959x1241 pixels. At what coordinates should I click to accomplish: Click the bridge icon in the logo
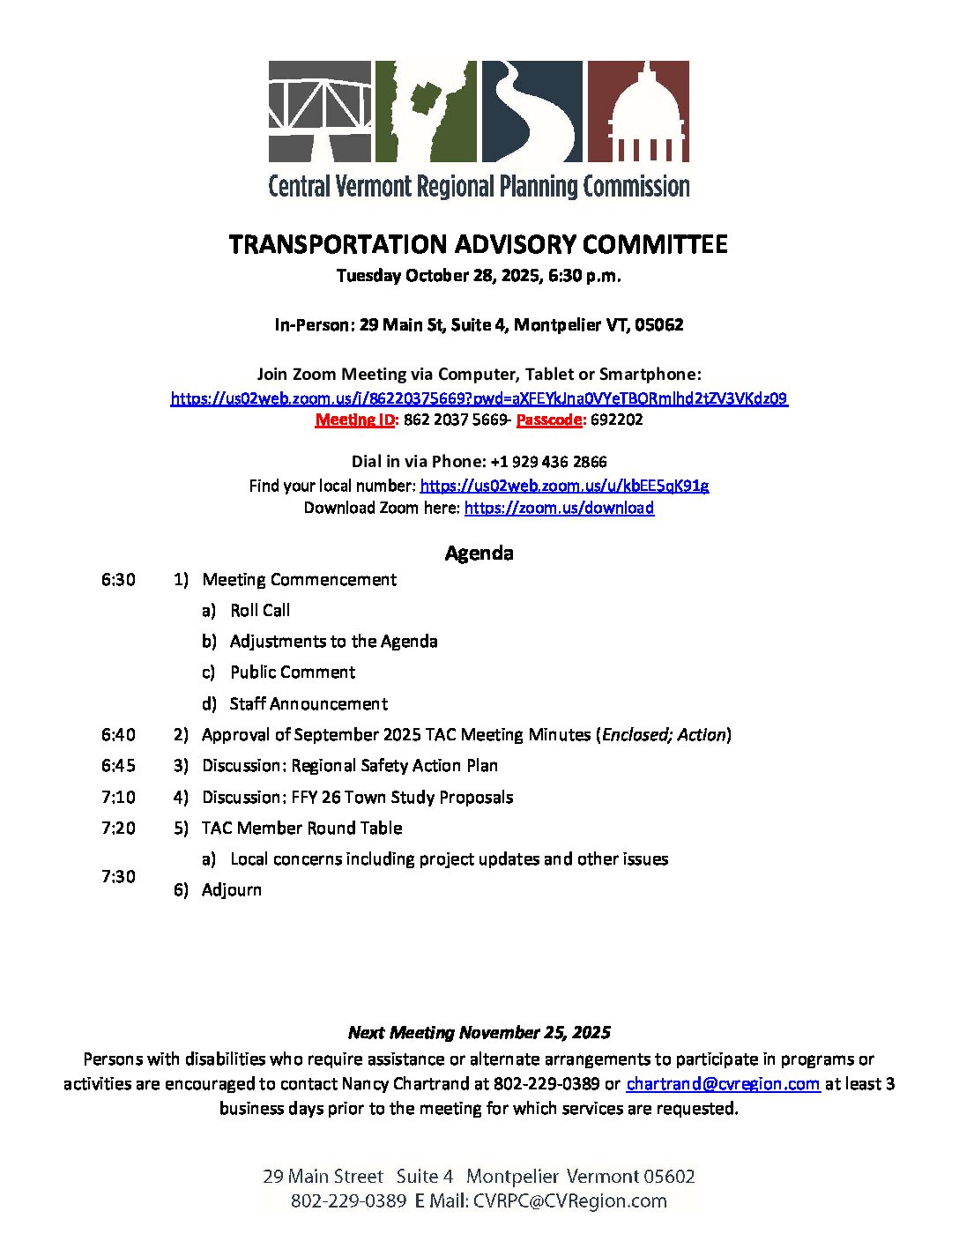click(x=319, y=111)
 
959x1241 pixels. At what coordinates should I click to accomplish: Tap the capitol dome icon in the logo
click(x=638, y=111)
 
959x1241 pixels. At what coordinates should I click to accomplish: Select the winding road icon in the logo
click(x=532, y=111)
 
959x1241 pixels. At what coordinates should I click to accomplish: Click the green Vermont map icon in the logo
click(x=426, y=111)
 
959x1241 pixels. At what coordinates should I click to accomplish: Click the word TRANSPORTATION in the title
click(x=338, y=244)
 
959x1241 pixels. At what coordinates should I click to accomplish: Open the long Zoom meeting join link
click(x=479, y=398)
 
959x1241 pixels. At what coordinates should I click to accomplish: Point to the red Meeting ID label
click(x=355, y=420)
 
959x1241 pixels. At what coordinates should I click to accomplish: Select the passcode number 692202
click(x=617, y=420)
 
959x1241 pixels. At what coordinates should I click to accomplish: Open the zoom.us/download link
click(x=559, y=508)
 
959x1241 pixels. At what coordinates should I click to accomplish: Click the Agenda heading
click(x=479, y=553)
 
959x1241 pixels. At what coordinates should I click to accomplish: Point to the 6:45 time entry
click(x=118, y=765)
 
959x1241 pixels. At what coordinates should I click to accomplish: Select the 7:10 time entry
click(x=118, y=797)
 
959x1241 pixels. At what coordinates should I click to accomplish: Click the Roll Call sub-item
click(x=260, y=610)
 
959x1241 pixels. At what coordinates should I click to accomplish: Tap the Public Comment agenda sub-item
click(x=293, y=672)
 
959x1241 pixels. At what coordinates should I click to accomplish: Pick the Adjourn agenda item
click(x=232, y=889)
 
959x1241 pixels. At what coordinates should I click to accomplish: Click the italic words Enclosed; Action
click(x=665, y=734)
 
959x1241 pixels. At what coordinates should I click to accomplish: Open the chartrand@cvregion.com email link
click(x=723, y=1083)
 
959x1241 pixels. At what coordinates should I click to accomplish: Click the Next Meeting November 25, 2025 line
click(x=479, y=1032)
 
